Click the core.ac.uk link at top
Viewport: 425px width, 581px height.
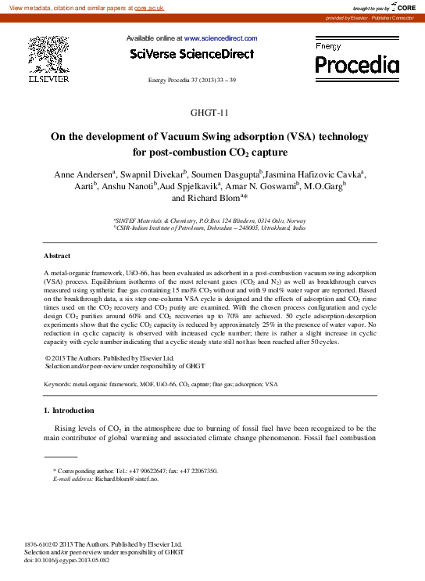[149, 6]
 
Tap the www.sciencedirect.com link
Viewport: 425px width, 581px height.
[220, 38]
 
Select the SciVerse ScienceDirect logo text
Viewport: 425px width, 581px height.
[191, 54]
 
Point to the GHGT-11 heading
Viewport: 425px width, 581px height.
[212, 113]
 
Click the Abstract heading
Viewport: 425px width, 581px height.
[57, 256]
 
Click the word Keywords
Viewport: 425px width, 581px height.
[59, 385]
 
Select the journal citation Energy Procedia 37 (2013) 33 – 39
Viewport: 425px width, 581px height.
[191, 81]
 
